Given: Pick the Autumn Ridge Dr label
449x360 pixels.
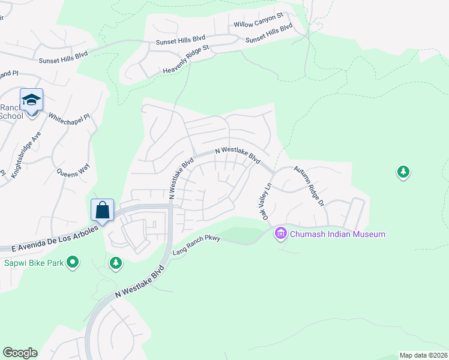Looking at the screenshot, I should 309,186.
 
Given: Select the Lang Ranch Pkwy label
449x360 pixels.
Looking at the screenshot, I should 197,244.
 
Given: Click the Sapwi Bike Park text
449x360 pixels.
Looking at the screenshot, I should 33,262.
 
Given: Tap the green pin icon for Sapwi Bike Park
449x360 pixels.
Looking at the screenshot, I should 73,262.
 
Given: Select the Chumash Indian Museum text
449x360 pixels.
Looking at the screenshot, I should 337,234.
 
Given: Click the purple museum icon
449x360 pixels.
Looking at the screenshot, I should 280,233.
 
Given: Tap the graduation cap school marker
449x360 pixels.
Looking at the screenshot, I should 31,99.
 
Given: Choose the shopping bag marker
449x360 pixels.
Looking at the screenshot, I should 103,210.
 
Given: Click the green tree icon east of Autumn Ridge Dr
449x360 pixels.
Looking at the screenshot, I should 403,173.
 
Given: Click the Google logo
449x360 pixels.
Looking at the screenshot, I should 20,353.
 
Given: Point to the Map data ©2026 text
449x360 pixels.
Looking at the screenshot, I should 423,355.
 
